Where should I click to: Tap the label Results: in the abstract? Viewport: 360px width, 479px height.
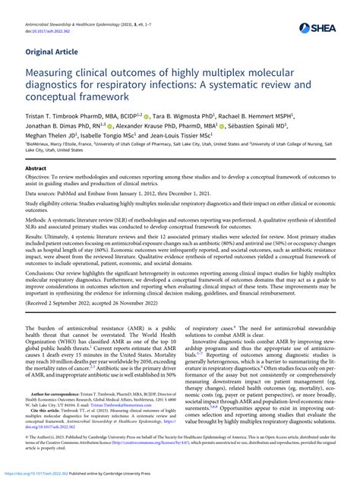(x=37, y=259)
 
